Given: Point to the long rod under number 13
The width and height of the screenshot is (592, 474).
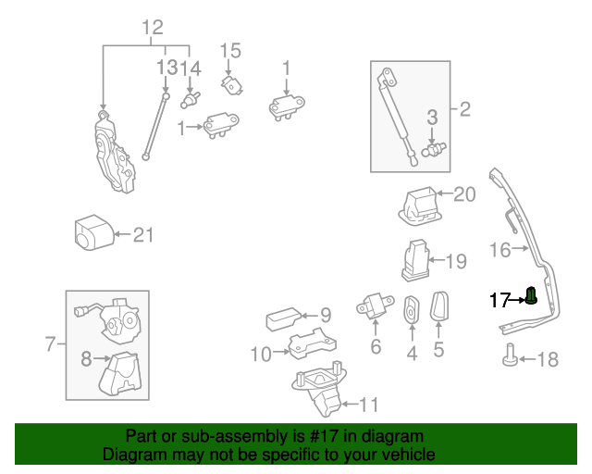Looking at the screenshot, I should tap(155, 125).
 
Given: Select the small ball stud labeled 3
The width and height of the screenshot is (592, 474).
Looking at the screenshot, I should tap(433, 149).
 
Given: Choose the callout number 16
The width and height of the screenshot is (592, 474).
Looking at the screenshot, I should tap(499, 250).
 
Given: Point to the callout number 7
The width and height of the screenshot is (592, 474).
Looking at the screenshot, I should tap(51, 345).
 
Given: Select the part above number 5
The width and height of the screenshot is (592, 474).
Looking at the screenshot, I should tap(439, 306).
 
